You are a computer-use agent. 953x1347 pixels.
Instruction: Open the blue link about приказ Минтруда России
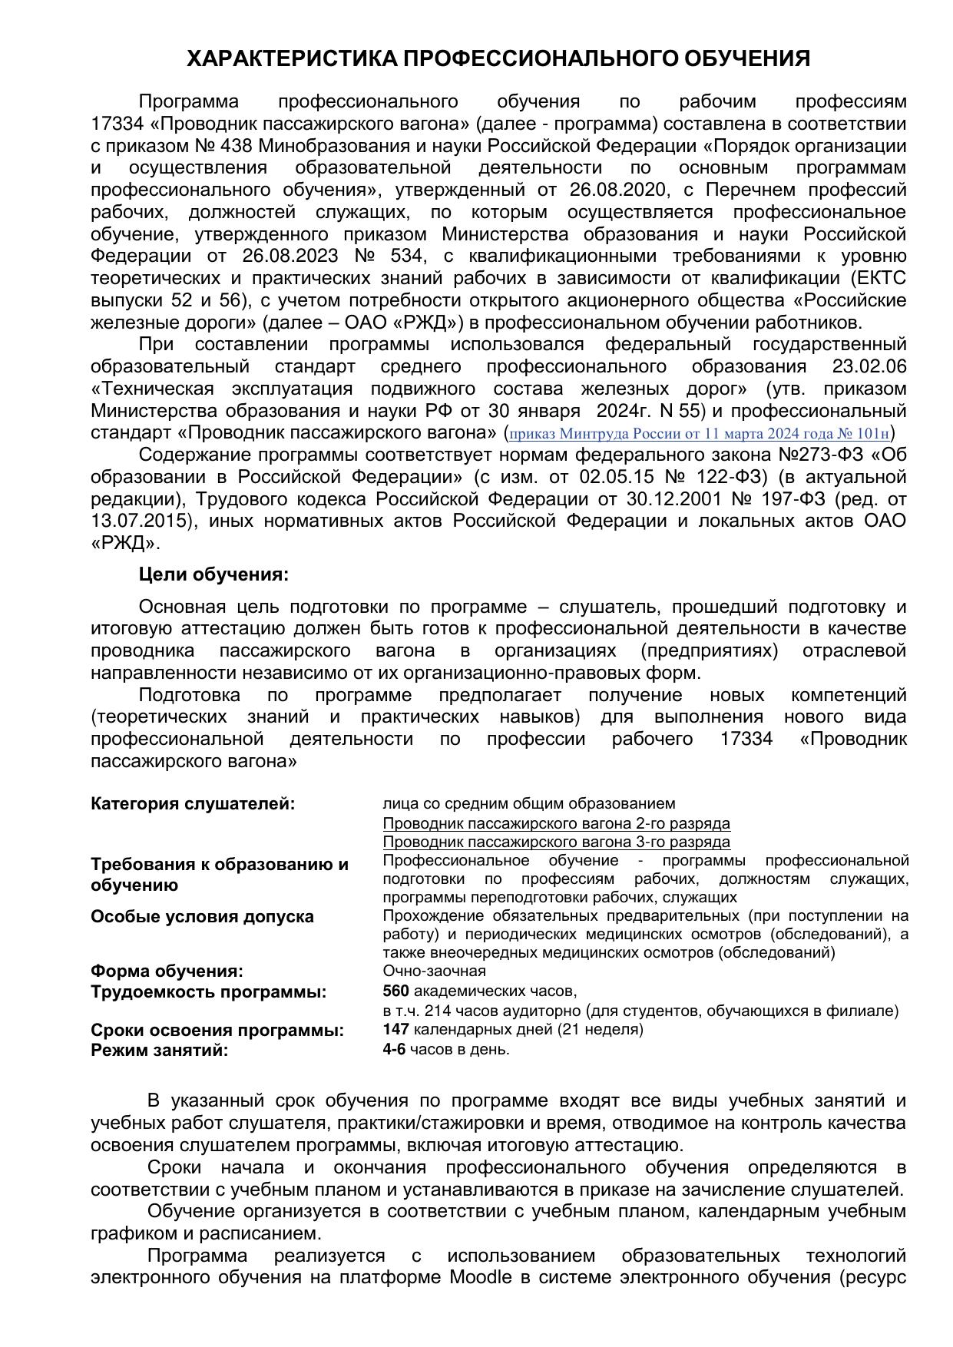(699, 433)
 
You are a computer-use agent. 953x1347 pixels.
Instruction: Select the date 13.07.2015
(139, 521)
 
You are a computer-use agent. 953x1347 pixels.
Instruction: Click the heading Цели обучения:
(214, 574)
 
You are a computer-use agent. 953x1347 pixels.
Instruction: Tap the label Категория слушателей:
(193, 804)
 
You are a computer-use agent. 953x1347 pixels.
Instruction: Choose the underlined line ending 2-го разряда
(556, 823)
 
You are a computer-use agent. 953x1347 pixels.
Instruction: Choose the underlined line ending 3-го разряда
(556, 842)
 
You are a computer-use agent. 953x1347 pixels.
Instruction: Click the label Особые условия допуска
(202, 916)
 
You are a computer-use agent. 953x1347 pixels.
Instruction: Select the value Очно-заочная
(434, 971)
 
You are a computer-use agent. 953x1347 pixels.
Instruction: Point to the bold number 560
(395, 991)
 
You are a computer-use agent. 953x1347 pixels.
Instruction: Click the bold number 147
(395, 1029)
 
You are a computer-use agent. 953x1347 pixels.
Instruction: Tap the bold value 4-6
(394, 1049)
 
